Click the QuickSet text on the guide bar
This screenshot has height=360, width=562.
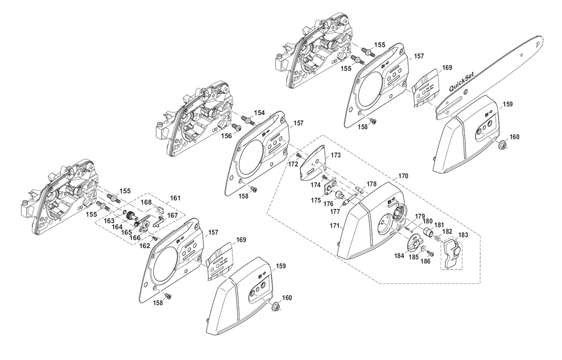click(461, 82)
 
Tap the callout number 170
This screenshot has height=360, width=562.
click(403, 177)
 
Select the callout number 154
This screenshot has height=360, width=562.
click(260, 113)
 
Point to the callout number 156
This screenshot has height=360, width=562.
click(226, 136)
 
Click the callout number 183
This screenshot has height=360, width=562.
click(463, 235)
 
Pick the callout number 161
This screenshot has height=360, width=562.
click(175, 198)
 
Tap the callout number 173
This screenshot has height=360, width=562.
click(336, 155)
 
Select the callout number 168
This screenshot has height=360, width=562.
click(146, 202)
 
